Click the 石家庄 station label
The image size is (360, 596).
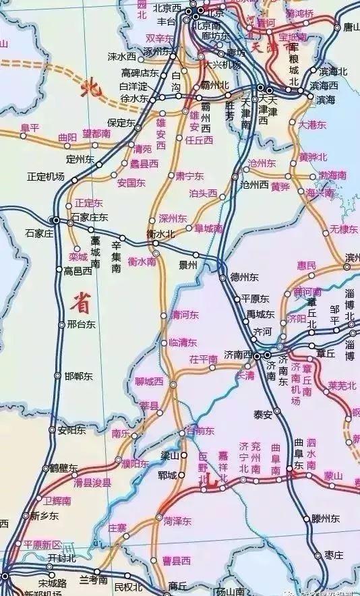point(38,233)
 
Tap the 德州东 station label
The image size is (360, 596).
point(244,276)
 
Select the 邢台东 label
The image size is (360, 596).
point(82,324)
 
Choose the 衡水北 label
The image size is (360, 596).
point(160,233)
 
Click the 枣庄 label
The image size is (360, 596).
point(334,554)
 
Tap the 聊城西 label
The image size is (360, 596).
point(149,382)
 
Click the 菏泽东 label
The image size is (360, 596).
point(177,521)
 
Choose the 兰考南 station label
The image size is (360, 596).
point(94,580)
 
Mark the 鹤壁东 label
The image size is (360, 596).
point(63,468)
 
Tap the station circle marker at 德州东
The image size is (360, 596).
point(223,277)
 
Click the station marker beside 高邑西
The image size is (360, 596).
point(58,271)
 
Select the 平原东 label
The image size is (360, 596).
point(256,299)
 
